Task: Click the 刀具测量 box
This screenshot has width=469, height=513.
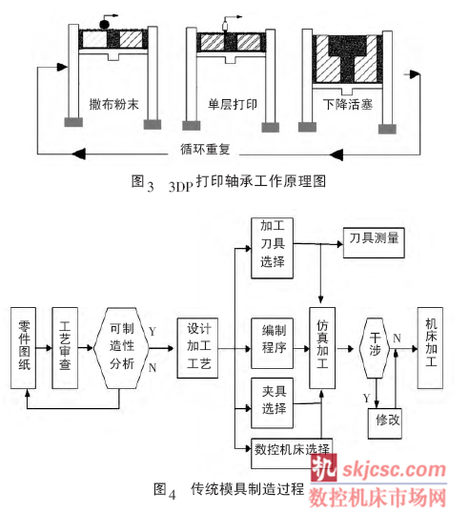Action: pos(374,243)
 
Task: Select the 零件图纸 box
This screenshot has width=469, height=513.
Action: pos(23,348)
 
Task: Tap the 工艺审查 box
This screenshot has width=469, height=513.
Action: pos(65,348)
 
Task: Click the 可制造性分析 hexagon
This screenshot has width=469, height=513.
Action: pos(121,348)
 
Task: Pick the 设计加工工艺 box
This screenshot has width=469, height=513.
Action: pos(197,348)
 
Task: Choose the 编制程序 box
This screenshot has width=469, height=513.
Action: pos(272,343)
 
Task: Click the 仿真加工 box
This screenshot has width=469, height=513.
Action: pos(322,348)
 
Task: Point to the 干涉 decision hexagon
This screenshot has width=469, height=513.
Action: pos(375,348)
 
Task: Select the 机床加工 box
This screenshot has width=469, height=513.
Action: pos(431,348)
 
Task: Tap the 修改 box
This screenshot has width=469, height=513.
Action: pos(385,423)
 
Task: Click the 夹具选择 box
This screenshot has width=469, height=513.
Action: pos(272,403)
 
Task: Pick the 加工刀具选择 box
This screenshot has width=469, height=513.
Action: pos(272,248)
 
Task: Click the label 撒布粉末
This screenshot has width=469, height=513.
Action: pos(113,104)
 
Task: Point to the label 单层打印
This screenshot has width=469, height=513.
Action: pos(233,104)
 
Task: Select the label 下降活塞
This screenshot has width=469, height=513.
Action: pos(348,104)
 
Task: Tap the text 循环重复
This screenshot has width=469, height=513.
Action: pos(205,149)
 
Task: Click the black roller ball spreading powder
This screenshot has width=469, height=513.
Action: pos(104,25)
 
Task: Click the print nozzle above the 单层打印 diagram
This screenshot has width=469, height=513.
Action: pos(225,26)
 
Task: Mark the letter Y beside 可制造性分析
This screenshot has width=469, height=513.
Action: pos(153,332)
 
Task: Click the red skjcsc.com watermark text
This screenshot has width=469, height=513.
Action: pos(394,470)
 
